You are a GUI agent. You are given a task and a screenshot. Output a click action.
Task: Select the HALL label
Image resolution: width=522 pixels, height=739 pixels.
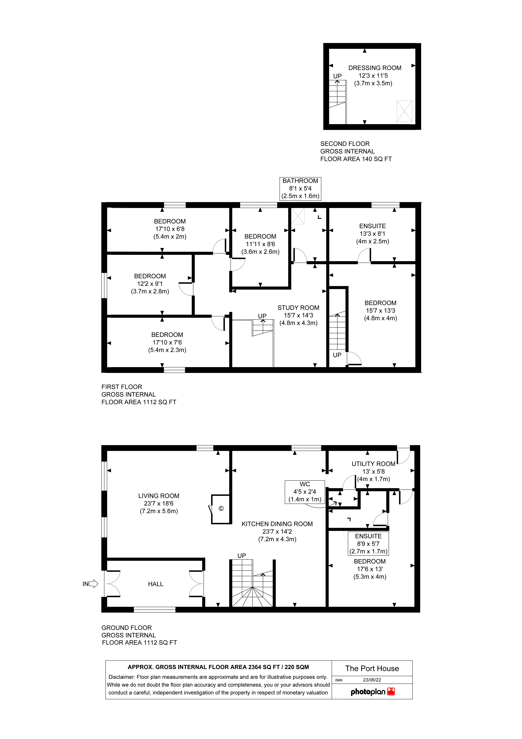pyautogui.click(x=156, y=584)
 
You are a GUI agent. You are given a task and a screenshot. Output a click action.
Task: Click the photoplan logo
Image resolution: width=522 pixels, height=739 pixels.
pyautogui.click(x=372, y=692)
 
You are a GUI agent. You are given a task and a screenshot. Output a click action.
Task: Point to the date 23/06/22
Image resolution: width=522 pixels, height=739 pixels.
pyautogui.click(x=372, y=680)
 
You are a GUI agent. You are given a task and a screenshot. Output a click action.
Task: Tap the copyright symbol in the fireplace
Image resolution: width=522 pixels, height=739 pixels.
pyautogui.click(x=221, y=509)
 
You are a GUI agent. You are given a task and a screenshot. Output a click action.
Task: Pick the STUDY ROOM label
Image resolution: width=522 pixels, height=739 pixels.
pyautogui.click(x=298, y=308)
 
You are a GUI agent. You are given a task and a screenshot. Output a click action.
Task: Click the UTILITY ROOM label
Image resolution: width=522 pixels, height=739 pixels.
pyautogui.click(x=373, y=464)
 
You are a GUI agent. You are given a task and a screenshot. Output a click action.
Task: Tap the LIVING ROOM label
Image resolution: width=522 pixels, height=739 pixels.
pyautogui.click(x=159, y=496)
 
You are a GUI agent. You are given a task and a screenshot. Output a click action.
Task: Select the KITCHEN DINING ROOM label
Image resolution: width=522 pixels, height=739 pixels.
pyautogui.click(x=277, y=524)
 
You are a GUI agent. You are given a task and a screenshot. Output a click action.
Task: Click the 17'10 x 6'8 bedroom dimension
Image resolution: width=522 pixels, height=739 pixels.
pyautogui.click(x=170, y=229)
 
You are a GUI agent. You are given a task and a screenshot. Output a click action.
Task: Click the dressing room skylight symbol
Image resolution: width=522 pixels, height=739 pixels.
pyautogui.click(x=404, y=111)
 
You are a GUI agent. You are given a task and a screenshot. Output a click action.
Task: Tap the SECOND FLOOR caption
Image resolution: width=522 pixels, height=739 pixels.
pyautogui.click(x=345, y=144)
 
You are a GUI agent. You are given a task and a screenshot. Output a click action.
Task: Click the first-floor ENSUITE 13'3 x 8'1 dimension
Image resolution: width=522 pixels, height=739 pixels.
pyautogui.click(x=372, y=234)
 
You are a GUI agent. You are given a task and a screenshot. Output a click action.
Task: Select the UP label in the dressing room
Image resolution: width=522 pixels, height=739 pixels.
pyautogui.click(x=337, y=76)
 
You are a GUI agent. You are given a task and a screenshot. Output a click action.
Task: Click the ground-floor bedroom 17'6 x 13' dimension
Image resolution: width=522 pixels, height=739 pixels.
pyautogui.click(x=370, y=569)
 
